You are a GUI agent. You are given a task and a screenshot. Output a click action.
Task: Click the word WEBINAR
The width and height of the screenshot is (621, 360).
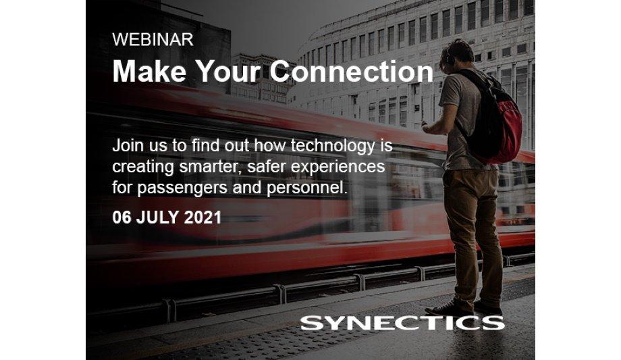(x=152, y=40)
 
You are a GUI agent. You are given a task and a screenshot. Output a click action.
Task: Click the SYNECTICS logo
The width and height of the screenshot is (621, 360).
(x=402, y=322)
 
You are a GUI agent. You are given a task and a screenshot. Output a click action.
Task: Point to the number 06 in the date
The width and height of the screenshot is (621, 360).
(x=122, y=219)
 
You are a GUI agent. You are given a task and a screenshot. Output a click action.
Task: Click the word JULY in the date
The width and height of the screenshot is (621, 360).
(x=157, y=219)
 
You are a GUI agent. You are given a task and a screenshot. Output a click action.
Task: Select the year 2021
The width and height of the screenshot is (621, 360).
(x=201, y=219)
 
